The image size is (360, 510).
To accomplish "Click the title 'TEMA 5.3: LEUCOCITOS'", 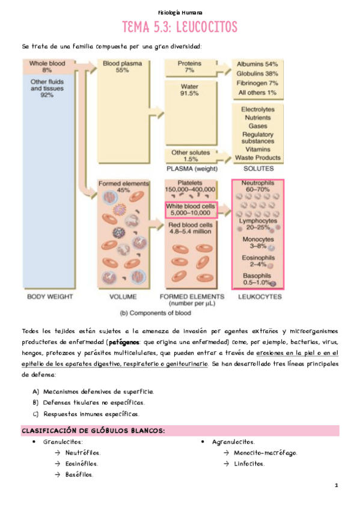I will pyautogui.click(x=180, y=27).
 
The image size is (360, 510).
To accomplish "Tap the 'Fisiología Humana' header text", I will pyautogui.click(x=180, y=12).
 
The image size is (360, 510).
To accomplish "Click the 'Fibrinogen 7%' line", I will pyautogui.click(x=257, y=83).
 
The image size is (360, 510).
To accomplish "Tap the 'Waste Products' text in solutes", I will pyautogui.click(x=258, y=158).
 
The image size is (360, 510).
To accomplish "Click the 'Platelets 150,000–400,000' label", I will pyautogui.click(x=190, y=186).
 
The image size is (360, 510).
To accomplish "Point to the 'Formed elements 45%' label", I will pyautogui.click(x=115, y=186).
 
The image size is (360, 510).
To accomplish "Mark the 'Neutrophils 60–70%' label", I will pyautogui.click(x=258, y=186).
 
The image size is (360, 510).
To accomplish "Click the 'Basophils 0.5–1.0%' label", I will pyautogui.click(x=255, y=279).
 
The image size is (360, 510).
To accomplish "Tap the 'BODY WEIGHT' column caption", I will pyautogui.click(x=50, y=296).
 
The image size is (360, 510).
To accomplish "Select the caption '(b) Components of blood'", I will pyautogui.click(x=156, y=313).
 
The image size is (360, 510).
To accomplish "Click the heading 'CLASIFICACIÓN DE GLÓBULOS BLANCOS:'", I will pyautogui.click(x=93, y=431).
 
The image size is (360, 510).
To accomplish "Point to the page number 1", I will pyautogui.click(x=337, y=485).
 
